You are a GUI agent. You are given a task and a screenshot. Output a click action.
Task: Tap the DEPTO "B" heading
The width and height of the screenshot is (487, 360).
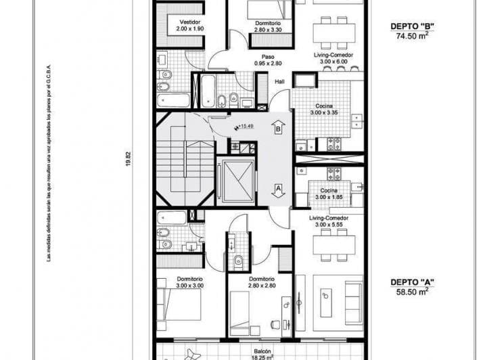point(412,27)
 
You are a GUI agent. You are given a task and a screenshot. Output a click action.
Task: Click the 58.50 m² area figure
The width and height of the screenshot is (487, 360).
point(412,292)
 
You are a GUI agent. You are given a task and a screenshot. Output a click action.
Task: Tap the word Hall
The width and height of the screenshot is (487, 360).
point(279,82)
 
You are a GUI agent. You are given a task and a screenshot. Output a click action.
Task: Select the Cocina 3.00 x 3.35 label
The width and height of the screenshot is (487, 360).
point(324,110)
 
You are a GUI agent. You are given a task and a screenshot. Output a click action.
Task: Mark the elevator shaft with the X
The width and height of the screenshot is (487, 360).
point(235,181)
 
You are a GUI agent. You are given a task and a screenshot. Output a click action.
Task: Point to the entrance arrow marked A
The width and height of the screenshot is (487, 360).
point(277,189)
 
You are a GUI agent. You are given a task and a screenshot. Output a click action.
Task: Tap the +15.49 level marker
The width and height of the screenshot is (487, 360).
point(243,127)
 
